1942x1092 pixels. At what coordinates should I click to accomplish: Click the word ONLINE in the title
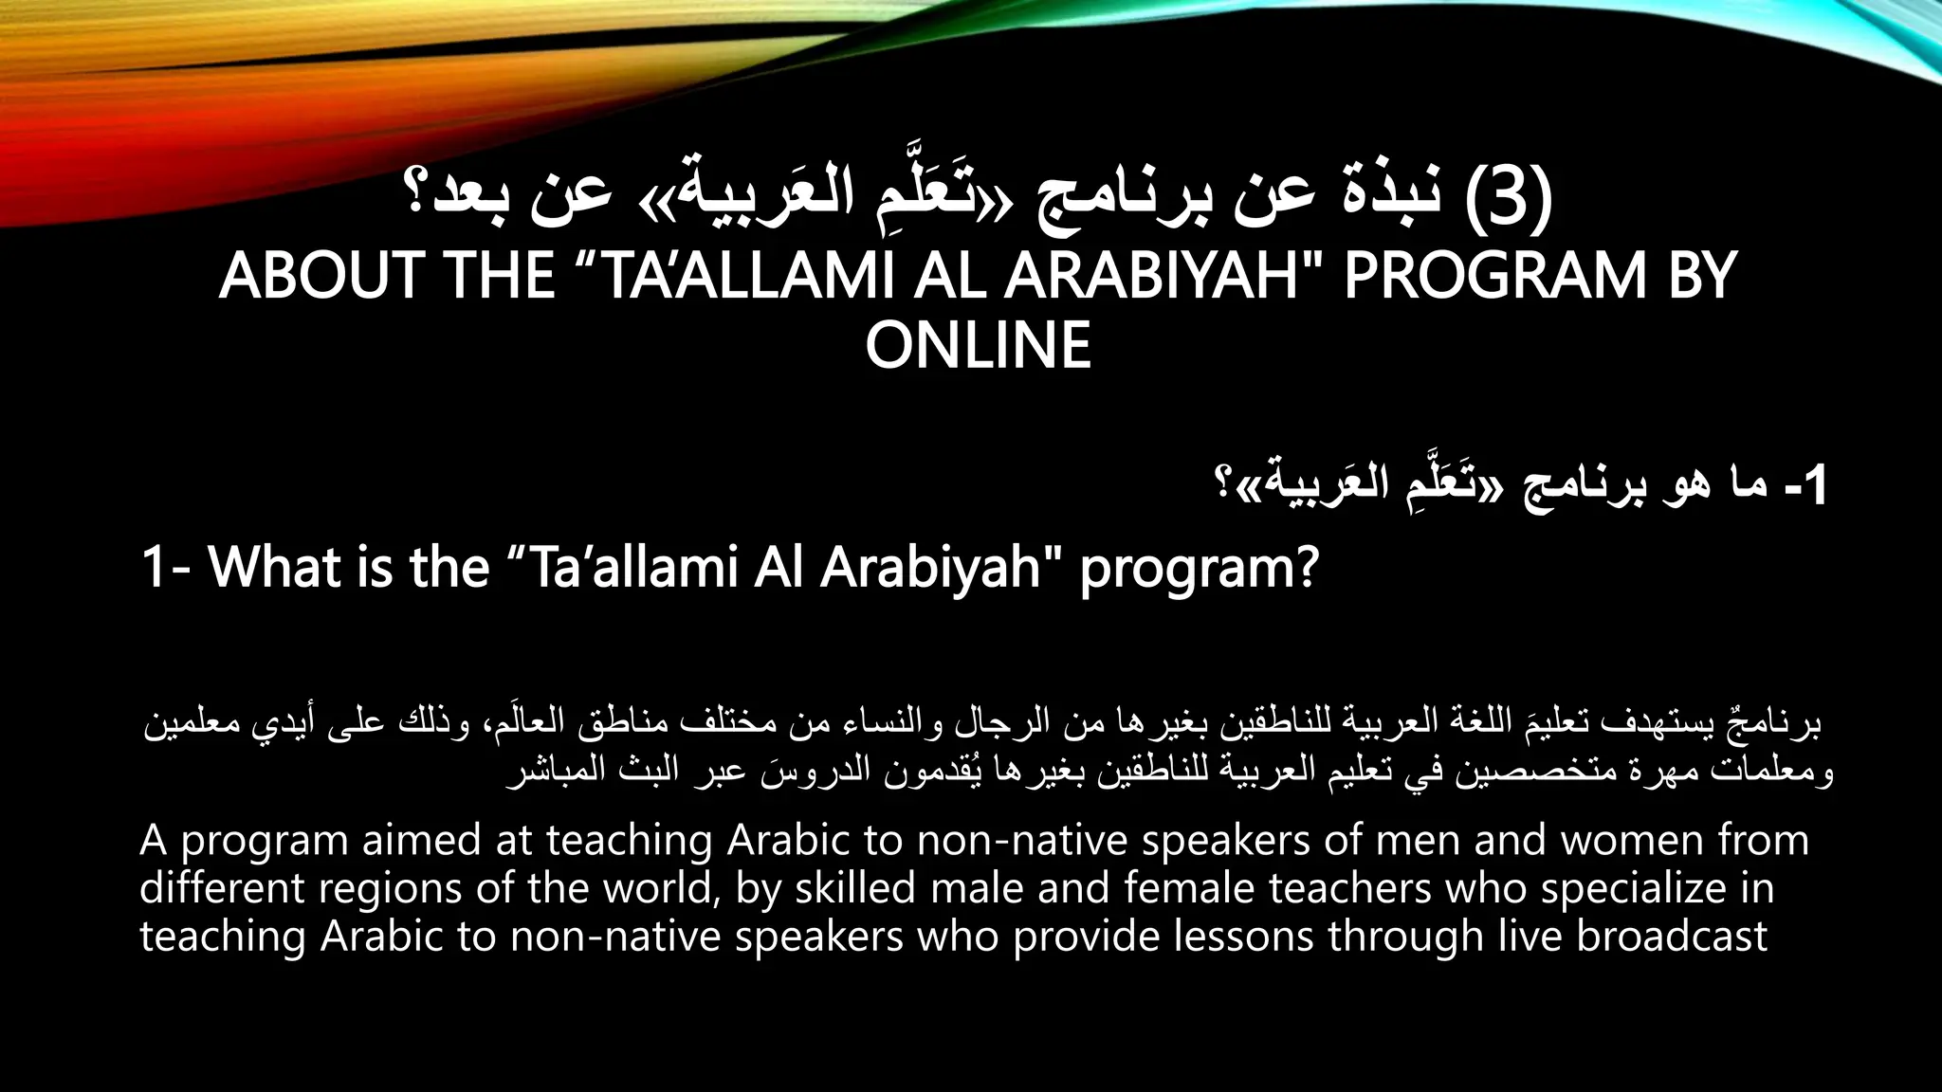tap(978, 345)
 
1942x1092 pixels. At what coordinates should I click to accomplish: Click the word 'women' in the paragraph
tap(1631, 841)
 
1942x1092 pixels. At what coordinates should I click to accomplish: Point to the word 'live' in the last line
tap(1530, 937)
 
